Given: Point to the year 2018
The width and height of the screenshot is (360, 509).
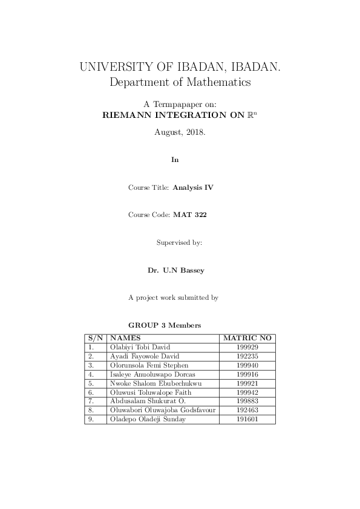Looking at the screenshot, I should pyautogui.click(x=194, y=131).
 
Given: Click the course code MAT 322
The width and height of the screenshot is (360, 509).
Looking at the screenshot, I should pyautogui.click(x=190, y=215).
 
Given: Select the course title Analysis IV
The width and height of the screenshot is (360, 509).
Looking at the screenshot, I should pyautogui.click(x=193, y=187).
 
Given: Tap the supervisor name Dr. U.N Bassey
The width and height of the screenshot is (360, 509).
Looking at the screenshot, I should pyautogui.click(x=176, y=270).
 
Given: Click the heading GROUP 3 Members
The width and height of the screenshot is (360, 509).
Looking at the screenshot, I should pyautogui.click(x=165, y=325).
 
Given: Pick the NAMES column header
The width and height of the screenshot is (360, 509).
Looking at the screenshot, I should pyautogui.click(x=126, y=338).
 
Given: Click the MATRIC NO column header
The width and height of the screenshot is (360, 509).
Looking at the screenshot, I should pyautogui.click(x=248, y=338).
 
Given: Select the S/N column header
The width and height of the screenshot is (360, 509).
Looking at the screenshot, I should pyautogui.click(x=96, y=338).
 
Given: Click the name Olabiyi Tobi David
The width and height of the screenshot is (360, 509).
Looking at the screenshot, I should pyautogui.click(x=140, y=347).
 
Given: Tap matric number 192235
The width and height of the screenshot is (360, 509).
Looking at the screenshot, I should pyautogui.click(x=248, y=356).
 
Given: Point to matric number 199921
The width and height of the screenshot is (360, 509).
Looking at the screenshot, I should pyautogui.click(x=248, y=383).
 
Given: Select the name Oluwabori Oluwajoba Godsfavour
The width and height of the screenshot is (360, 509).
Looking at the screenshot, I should pyautogui.click(x=163, y=410).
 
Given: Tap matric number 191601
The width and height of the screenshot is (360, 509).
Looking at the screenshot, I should pyautogui.click(x=248, y=419).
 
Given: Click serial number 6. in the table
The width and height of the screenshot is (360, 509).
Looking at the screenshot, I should pyautogui.click(x=91, y=392).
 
